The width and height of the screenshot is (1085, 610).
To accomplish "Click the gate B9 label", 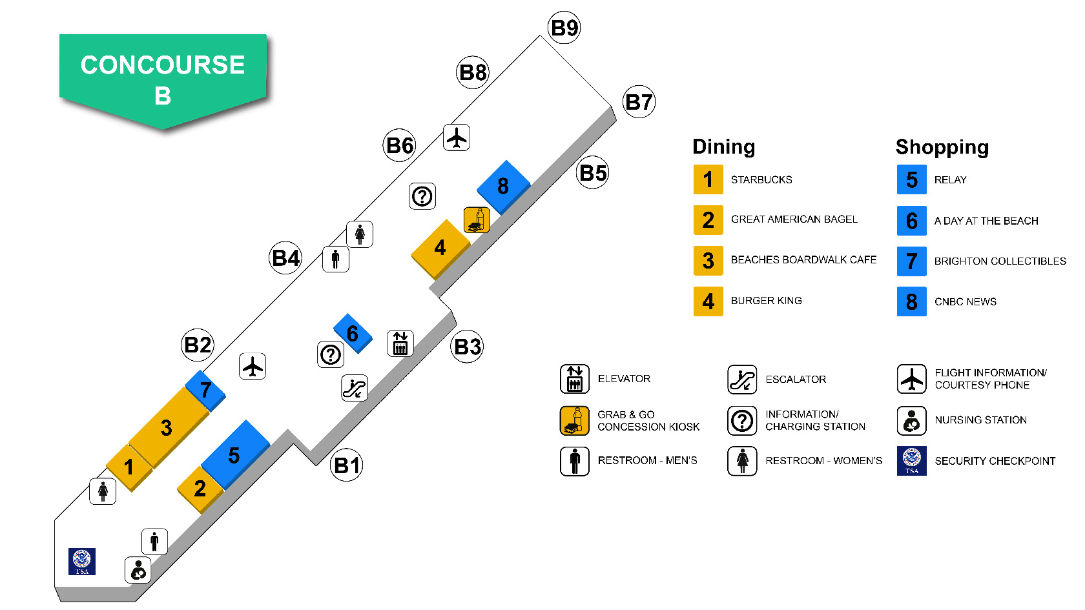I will click(x=564, y=28).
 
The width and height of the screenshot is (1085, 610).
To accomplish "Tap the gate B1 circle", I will click(x=347, y=465).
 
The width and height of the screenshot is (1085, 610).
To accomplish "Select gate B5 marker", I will click(x=593, y=173).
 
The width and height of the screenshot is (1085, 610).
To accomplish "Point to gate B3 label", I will click(x=467, y=347).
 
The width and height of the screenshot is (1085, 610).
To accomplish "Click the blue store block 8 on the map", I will click(x=503, y=186).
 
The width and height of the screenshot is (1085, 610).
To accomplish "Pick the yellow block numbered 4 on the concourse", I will click(x=440, y=248).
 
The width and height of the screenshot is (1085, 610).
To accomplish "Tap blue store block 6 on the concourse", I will click(x=353, y=333).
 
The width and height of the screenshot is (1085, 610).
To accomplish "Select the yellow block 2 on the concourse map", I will click(x=200, y=489).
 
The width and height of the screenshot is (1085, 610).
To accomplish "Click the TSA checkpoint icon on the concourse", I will click(x=82, y=561).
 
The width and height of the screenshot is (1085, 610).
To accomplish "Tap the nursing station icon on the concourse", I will click(x=138, y=570).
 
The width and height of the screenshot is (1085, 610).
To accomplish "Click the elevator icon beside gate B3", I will click(x=400, y=343).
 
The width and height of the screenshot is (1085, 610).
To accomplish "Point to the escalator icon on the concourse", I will click(x=355, y=388).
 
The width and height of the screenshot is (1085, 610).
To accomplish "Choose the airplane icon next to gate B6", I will click(x=457, y=137).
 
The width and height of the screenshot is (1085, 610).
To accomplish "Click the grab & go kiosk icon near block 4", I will click(x=477, y=220).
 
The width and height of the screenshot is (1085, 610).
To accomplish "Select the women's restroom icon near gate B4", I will click(x=360, y=234).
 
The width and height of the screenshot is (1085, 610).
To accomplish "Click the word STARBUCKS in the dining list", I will click(x=761, y=180).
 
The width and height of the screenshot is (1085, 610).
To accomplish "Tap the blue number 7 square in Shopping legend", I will click(x=911, y=261).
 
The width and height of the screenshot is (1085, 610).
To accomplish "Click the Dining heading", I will click(x=723, y=147).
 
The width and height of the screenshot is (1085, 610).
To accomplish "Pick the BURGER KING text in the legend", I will click(x=766, y=301).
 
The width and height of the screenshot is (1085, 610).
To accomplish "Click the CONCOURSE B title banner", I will click(x=163, y=79).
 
